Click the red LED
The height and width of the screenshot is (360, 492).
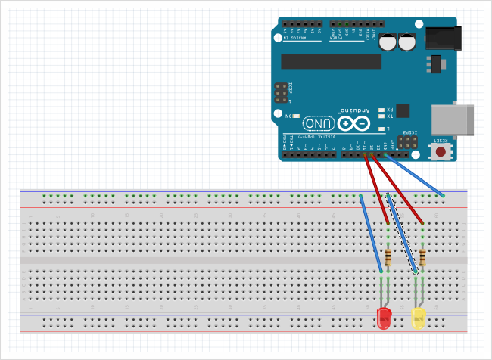click(x=384, y=318)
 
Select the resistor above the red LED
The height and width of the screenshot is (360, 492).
click(x=388, y=258)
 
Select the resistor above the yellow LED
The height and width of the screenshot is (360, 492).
click(x=422, y=258)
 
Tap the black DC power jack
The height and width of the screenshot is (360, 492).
click(x=444, y=38)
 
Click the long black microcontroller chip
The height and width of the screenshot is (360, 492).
click(x=331, y=61)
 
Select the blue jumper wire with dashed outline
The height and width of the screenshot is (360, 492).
click(x=403, y=234)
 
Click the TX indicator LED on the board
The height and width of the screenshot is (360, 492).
click(x=381, y=116)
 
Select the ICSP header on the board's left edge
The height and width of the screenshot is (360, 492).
click(x=282, y=93)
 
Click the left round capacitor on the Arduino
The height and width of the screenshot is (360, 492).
click(x=389, y=42)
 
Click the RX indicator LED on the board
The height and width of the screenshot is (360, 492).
click(x=381, y=110)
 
